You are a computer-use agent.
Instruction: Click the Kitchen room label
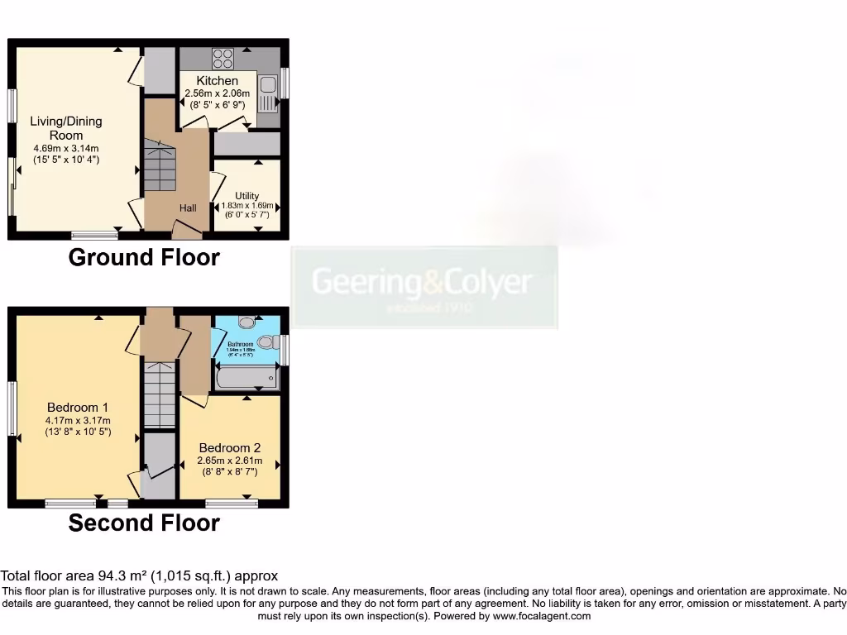[x=217, y=80]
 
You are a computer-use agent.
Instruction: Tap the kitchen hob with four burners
[x=223, y=58]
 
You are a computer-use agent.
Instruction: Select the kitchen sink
[x=268, y=93]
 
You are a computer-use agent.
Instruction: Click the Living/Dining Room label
[x=66, y=128]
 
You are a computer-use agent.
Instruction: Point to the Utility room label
[x=246, y=196]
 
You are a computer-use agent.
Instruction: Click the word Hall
[x=188, y=208]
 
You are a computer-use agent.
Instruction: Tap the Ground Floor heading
[x=144, y=257]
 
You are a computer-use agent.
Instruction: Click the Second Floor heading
[x=144, y=523]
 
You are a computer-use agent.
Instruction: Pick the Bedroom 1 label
[x=77, y=407]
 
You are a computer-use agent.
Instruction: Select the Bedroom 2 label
[x=229, y=448]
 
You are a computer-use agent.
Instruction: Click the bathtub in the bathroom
[x=246, y=378]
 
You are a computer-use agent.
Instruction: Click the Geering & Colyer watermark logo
[x=423, y=286]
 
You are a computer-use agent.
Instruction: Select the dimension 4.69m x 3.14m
[x=66, y=148]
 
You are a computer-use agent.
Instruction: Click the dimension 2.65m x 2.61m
[x=229, y=461]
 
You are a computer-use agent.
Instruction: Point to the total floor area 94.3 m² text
[x=139, y=575]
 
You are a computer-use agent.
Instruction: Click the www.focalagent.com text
[x=539, y=616]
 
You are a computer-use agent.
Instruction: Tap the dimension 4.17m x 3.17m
[x=78, y=420]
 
